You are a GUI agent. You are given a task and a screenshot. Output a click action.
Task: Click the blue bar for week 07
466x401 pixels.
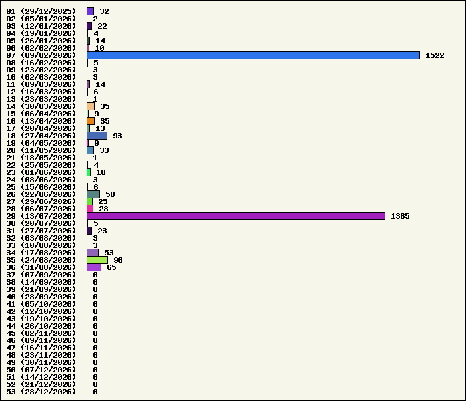click(253, 55)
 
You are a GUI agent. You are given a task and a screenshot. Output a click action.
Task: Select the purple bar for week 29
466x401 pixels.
click(236, 216)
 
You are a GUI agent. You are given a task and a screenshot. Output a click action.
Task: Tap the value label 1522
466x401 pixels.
click(435, 55)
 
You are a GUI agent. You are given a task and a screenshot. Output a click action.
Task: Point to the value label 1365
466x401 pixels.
click(400, 216)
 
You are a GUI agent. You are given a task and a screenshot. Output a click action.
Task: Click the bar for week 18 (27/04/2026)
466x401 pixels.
click(97, 136)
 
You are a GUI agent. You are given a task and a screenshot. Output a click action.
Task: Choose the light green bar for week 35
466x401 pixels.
click(97, 260)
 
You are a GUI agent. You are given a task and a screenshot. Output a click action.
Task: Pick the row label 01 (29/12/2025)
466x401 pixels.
click(41, 11)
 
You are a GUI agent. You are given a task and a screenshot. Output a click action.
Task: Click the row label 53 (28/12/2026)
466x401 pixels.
click(41, 392)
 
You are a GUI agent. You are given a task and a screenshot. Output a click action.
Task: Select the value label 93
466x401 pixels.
click(117, 136)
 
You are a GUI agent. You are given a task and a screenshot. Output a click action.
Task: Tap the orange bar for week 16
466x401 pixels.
click(91, 121)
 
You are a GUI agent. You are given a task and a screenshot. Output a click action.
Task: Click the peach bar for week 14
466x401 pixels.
click(91, 106)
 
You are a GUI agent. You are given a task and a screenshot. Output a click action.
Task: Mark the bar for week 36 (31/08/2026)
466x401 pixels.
click(94, 267)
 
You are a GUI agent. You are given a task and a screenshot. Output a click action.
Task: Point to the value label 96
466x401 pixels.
click(118, 260)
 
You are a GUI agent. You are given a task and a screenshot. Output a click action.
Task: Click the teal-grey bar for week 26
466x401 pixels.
click(93, 194)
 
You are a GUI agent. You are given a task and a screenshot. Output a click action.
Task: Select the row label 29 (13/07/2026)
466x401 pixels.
click(41, 216)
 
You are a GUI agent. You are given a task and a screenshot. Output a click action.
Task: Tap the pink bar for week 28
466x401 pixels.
click(90, 209)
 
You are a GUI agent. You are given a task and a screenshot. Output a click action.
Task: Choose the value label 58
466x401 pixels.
click(110, 194)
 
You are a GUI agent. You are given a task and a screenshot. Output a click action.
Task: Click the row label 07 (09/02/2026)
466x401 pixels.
click(41, 55)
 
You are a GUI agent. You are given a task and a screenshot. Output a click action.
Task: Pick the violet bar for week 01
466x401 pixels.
click(91, 11)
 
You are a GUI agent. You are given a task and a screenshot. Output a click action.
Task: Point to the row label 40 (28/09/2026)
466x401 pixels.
click(41, 297)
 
